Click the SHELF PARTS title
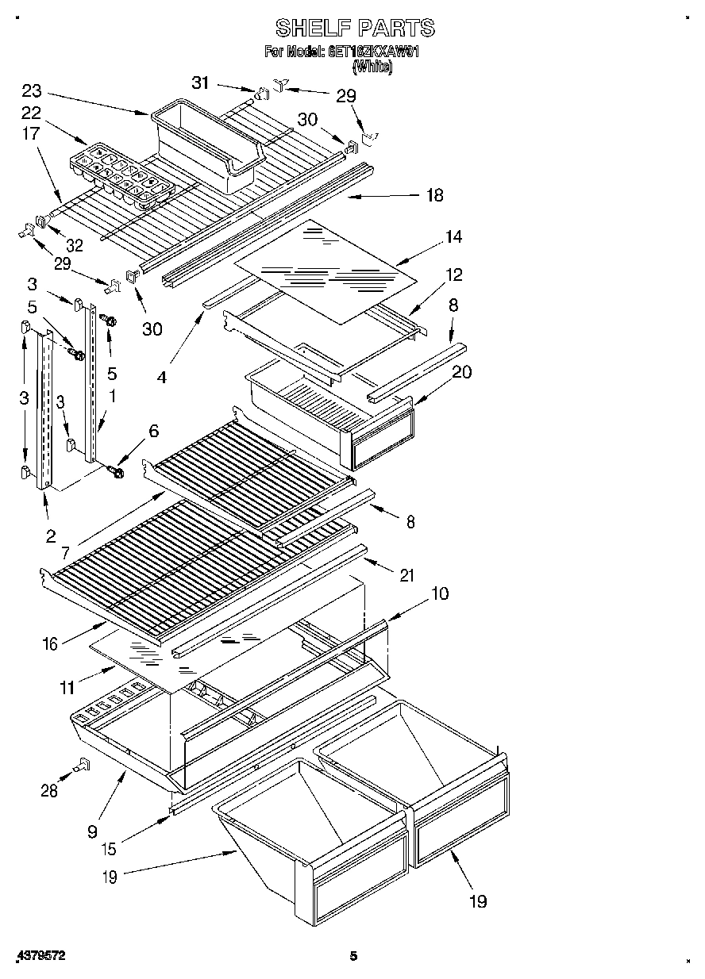355,29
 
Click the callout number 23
32,90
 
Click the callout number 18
434,195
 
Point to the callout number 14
453,236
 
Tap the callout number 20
461,372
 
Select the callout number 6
153,431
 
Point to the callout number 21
406,577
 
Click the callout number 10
439,593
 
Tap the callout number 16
50,643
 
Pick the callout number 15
109,849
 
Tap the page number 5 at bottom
355,956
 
